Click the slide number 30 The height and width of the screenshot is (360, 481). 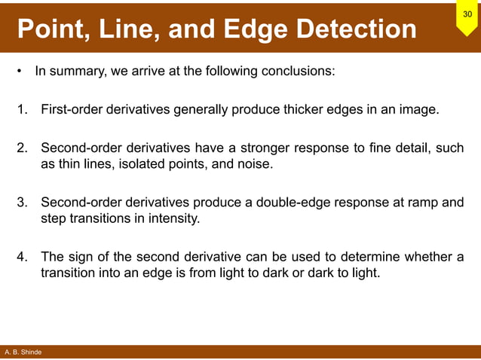point(467,14)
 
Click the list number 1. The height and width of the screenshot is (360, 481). point(22,110)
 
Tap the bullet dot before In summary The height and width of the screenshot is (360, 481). point(18,73)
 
